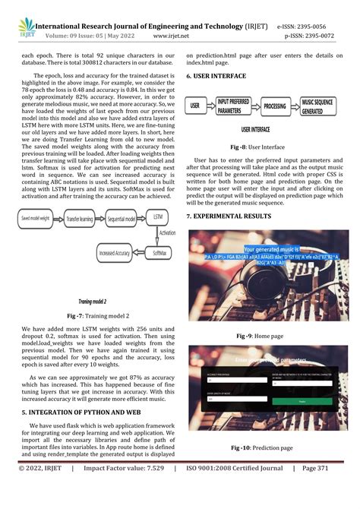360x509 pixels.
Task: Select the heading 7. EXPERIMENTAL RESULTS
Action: (x=229, y=217)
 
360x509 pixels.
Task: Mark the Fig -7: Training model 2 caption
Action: (x=97, y=315)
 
